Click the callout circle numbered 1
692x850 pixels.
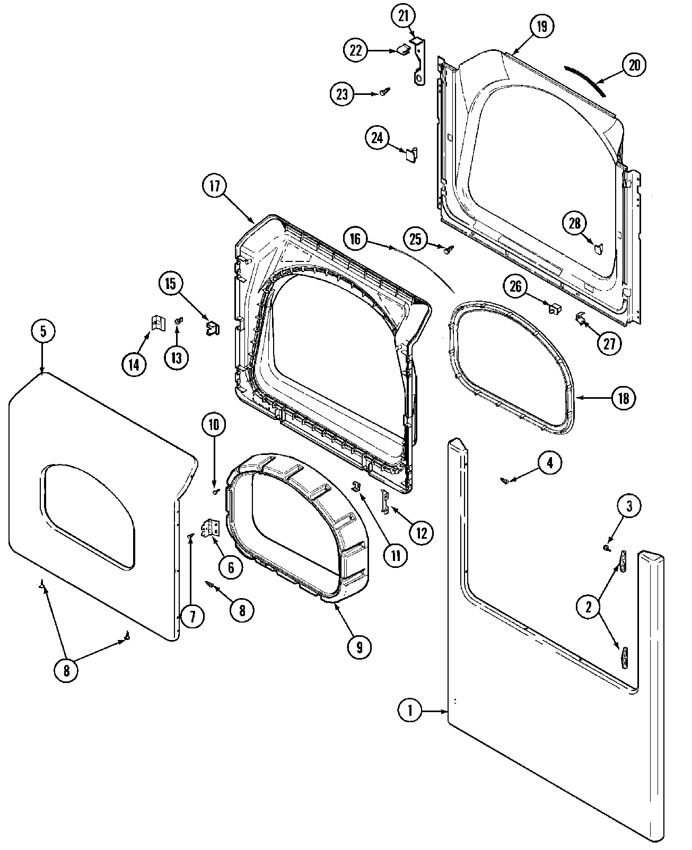[410, 711]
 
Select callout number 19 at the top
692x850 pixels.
[541, 26]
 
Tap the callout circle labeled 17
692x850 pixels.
[214, 186]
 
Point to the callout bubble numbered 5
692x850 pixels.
[42, 331]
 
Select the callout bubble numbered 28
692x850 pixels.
[575, 223]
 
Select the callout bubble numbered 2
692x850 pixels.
[588, 607]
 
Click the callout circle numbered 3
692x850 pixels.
[629, 506]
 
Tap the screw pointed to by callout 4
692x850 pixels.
[506, 480]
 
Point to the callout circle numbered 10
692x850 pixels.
[214, 424]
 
